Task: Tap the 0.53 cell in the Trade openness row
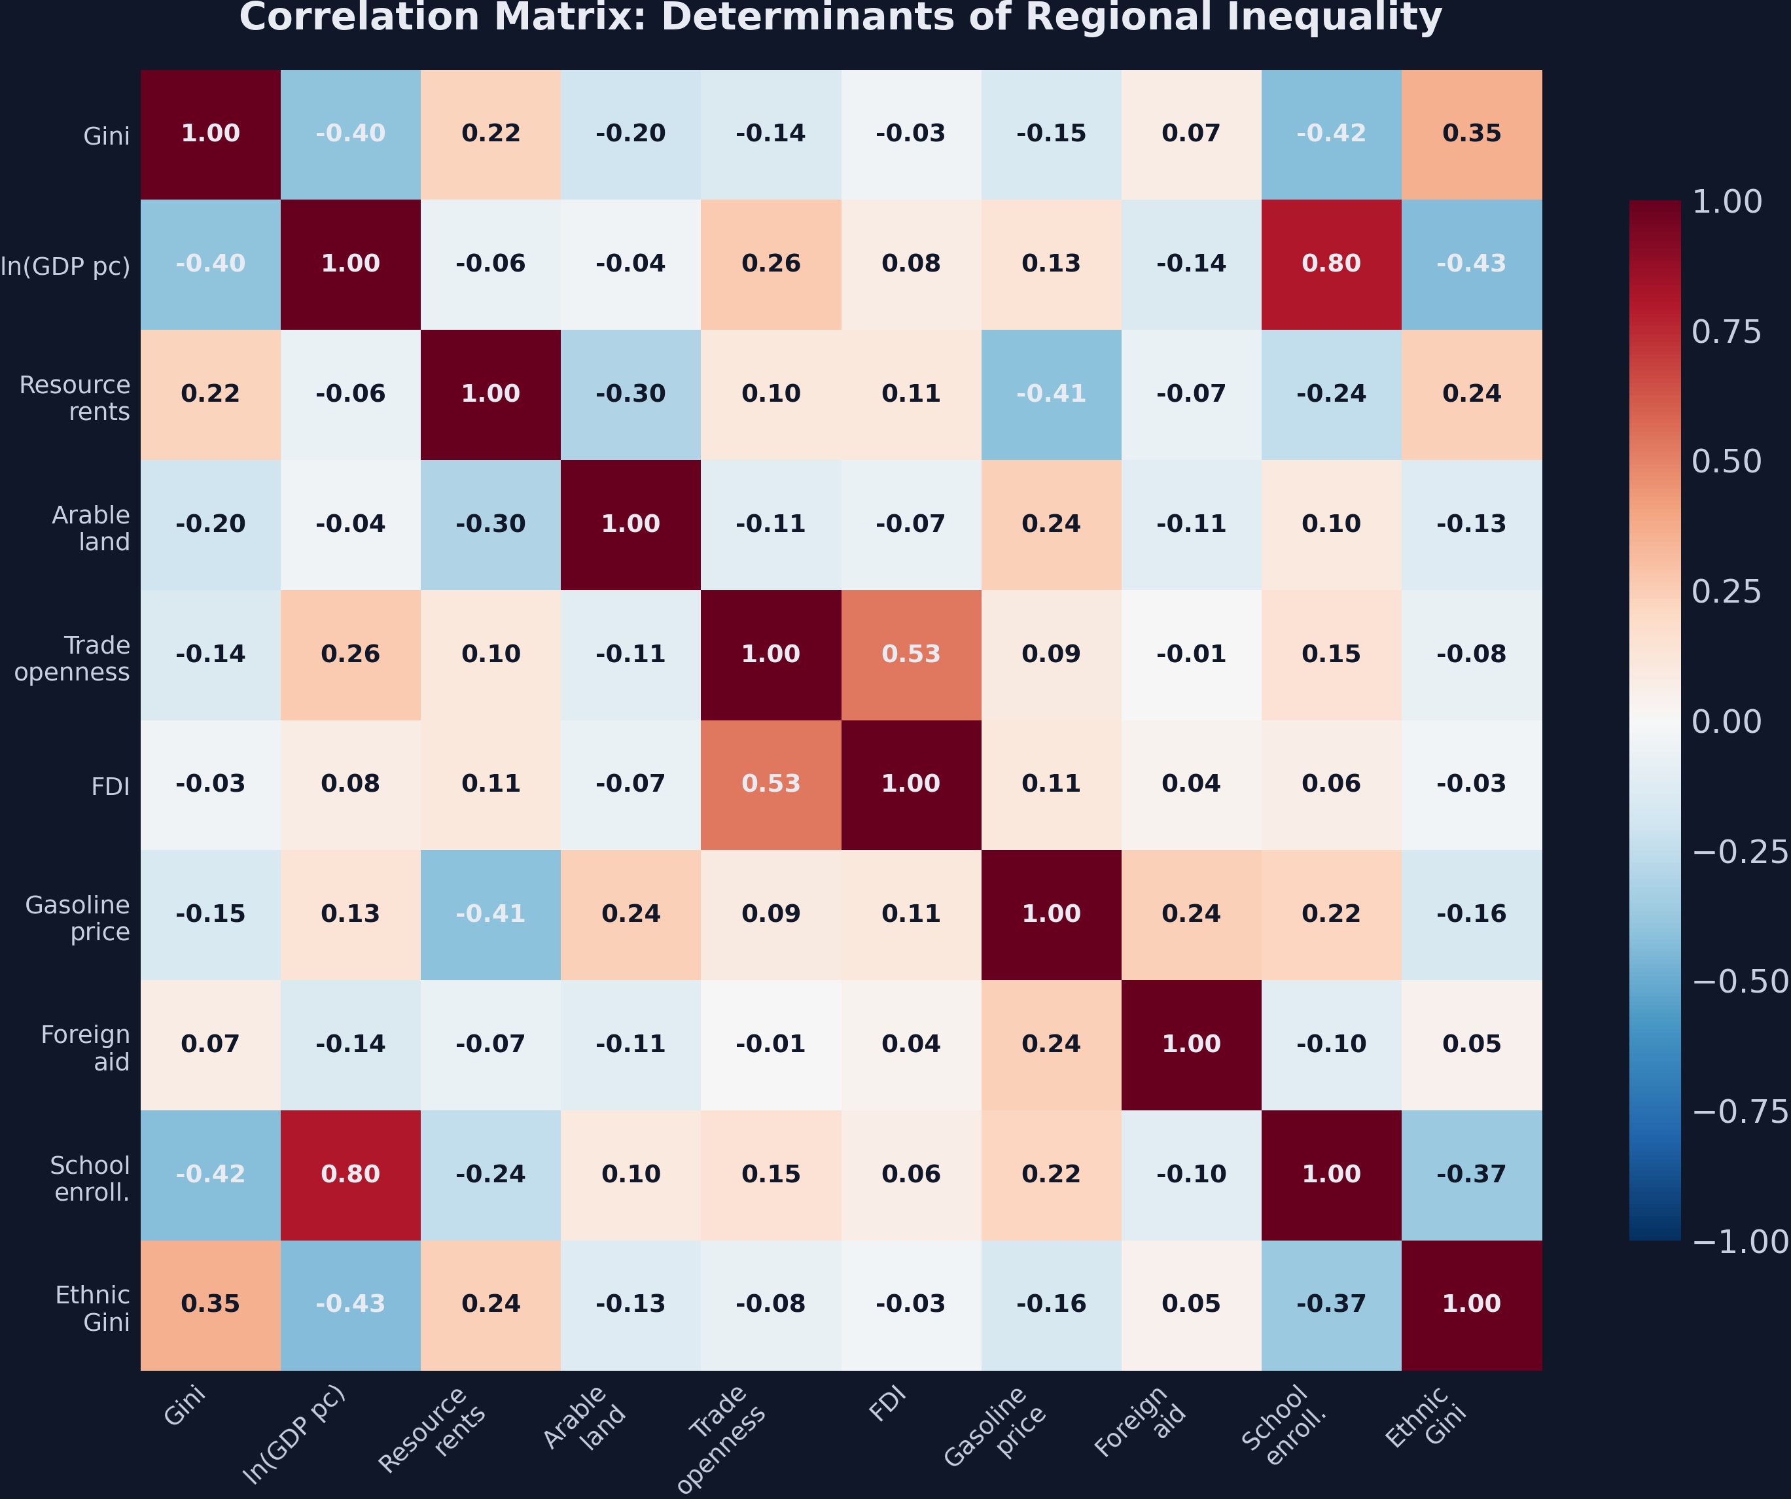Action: [x=911, y=654]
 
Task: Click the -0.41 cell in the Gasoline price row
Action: [x=490, y=914]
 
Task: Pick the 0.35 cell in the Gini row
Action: [x=1471, y=134]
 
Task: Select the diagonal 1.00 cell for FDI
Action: [x=911, y=784]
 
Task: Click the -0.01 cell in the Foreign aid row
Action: [x=770, y=1044]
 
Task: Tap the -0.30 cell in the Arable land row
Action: [x=490, y=523]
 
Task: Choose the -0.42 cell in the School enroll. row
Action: [x=211, y=1174]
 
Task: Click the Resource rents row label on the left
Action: [x=75, y=398]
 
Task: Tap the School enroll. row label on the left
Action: [x=90, y=1178]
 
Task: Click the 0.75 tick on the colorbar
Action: [x=1726, y=332]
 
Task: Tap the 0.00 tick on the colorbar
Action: [x=1726, y=721]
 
